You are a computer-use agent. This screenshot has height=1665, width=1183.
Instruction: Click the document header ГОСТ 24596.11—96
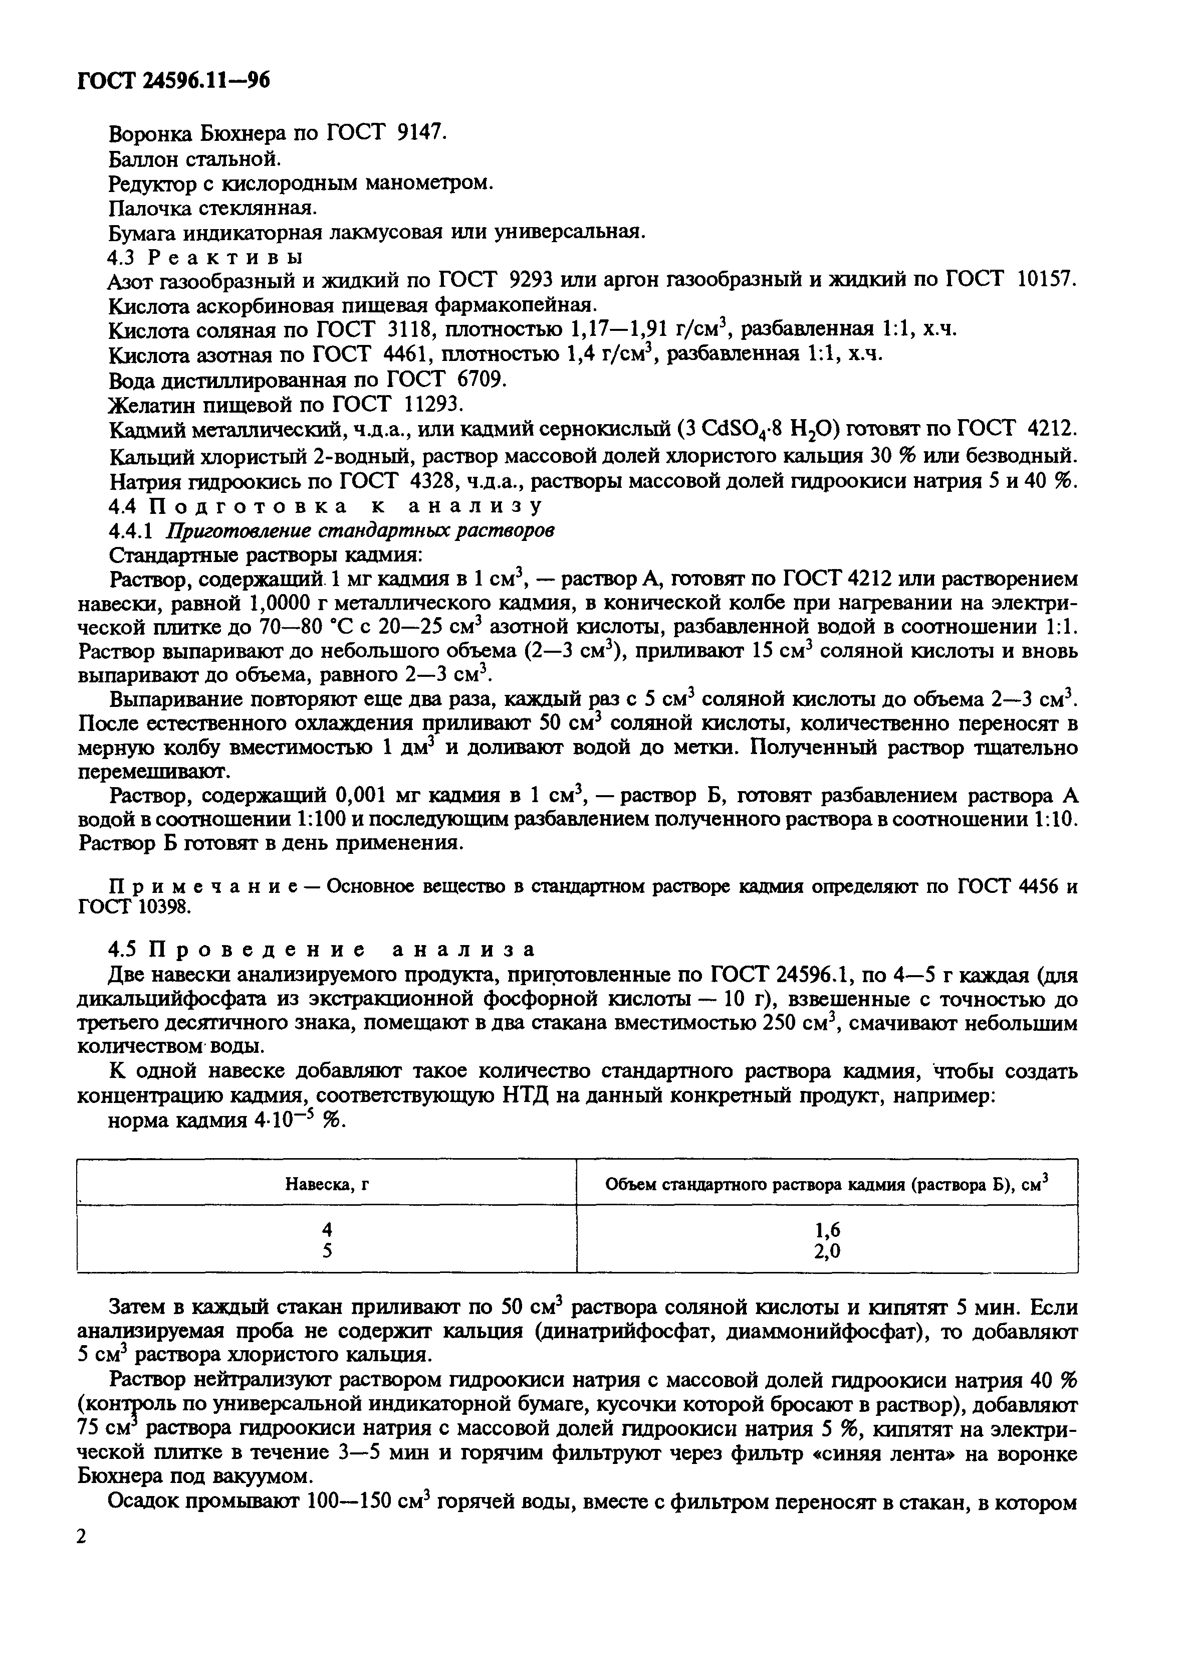(x=173, y=81)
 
